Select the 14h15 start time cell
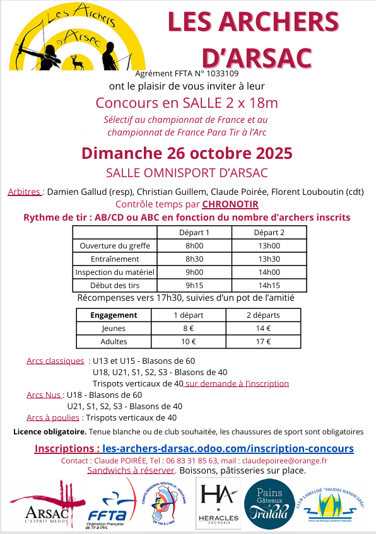(x=269, y=285)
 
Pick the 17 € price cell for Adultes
(x=264, y=342)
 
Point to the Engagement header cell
(x=114, y=315)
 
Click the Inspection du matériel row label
(x=115, y=272)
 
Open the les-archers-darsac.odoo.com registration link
(x=228, y=449)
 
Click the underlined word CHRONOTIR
(x=230, y=205)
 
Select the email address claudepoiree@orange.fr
(x=286, y=461)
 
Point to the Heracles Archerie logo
(x=218, y=502)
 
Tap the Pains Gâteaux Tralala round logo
(x=269, y=502)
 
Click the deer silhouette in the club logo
(x=77, y=62)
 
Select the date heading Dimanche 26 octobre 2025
(x=187, y=153)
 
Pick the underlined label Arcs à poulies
(x=53, y=417)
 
